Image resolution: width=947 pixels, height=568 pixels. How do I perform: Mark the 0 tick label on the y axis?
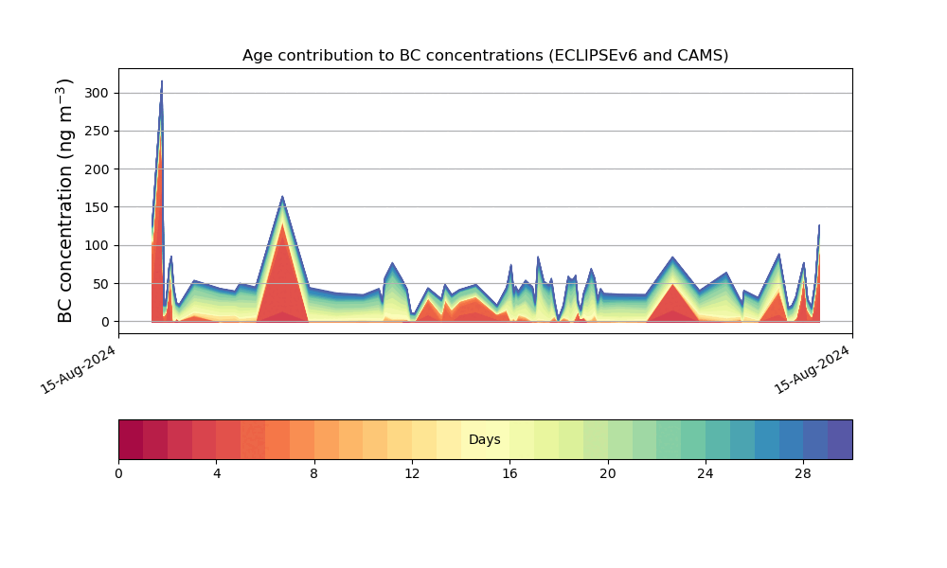click(x=105, y=322)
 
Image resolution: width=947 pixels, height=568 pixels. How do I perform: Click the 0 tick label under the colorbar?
click(x=118, y=473)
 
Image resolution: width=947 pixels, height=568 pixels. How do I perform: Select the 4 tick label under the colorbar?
click(x=217, y=473)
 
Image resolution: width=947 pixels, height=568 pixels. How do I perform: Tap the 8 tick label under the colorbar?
click(x=314, y=473)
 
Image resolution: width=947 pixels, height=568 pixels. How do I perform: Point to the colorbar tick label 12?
click(x=412, y=473)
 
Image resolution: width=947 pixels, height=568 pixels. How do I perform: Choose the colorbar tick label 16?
click(x=509, y=473)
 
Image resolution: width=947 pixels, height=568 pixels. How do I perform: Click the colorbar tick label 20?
click(x=608, y=473)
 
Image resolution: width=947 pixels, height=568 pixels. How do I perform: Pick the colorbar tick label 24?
click(x=706, y=473)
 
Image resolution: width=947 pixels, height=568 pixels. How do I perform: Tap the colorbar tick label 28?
click(x=803, y=473)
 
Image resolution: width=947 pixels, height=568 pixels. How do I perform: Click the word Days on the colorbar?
click(x=485, y=439)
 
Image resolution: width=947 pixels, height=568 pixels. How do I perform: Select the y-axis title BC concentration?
click(x=66, y=200)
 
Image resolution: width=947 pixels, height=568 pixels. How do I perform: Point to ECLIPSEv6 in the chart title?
click(x=600, y=55)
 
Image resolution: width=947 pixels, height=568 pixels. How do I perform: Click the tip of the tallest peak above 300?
click(x=162, y=81)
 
